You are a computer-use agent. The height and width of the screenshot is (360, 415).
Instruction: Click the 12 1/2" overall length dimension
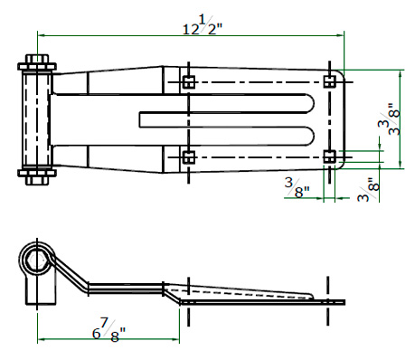click(x=203, y=24)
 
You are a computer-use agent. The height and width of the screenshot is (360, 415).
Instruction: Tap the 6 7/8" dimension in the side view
click(x=108, y=330)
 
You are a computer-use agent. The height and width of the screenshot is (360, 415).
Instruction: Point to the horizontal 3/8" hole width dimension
click(x=297, y=187)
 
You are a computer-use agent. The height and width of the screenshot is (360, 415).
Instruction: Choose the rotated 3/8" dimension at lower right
click(x=368, y=190)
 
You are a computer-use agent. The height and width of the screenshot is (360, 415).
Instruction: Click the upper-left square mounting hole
click(x=189, y=82)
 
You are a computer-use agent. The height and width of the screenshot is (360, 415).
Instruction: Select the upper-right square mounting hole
click(x=329, y=81)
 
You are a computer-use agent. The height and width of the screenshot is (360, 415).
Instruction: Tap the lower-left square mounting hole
click(x=189, y=157)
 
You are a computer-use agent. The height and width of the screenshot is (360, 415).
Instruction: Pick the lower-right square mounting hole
click(x=329, y=156)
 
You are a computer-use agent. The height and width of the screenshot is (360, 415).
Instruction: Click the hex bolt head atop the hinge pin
click(x=37, y=59)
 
